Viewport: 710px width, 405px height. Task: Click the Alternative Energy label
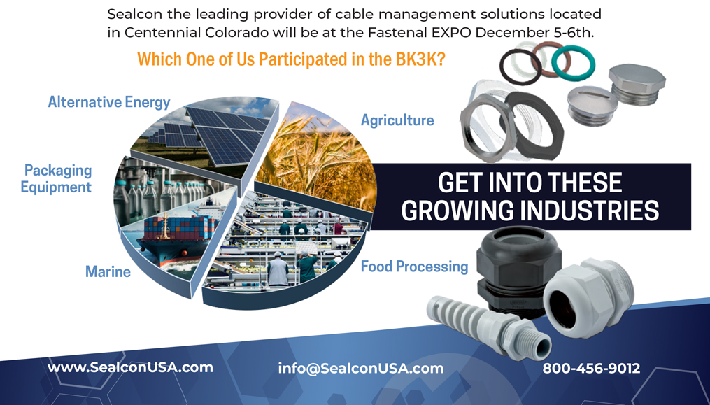(109, 102)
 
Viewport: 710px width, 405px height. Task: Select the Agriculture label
(397, 120)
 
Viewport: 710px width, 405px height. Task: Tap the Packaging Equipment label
(57, 178)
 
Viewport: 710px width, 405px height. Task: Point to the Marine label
(108, 272)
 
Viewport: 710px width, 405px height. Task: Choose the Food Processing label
(414, 267)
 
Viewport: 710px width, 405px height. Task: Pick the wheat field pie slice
(317, 159)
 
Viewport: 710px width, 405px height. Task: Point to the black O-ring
(520, 66)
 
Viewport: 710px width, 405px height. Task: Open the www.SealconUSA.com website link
(130, 367)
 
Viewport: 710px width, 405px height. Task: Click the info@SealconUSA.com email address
(361, 369)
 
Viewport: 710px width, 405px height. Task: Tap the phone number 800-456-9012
(591, 369)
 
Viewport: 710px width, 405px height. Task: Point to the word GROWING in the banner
(457, 211)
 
